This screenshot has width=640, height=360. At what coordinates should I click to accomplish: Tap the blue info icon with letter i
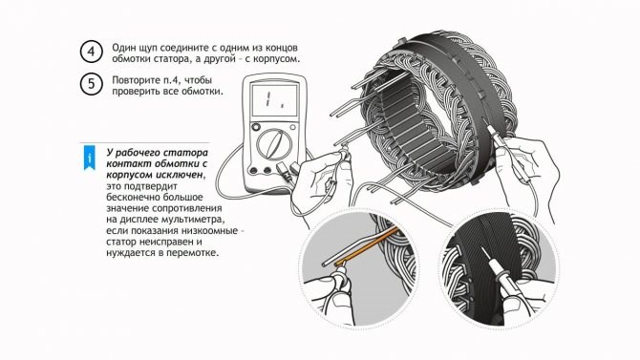(x=89, y=155)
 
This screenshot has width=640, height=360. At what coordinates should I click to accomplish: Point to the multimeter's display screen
(x=274, y=100)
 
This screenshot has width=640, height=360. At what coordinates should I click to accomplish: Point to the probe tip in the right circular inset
(x=495, y=261)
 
